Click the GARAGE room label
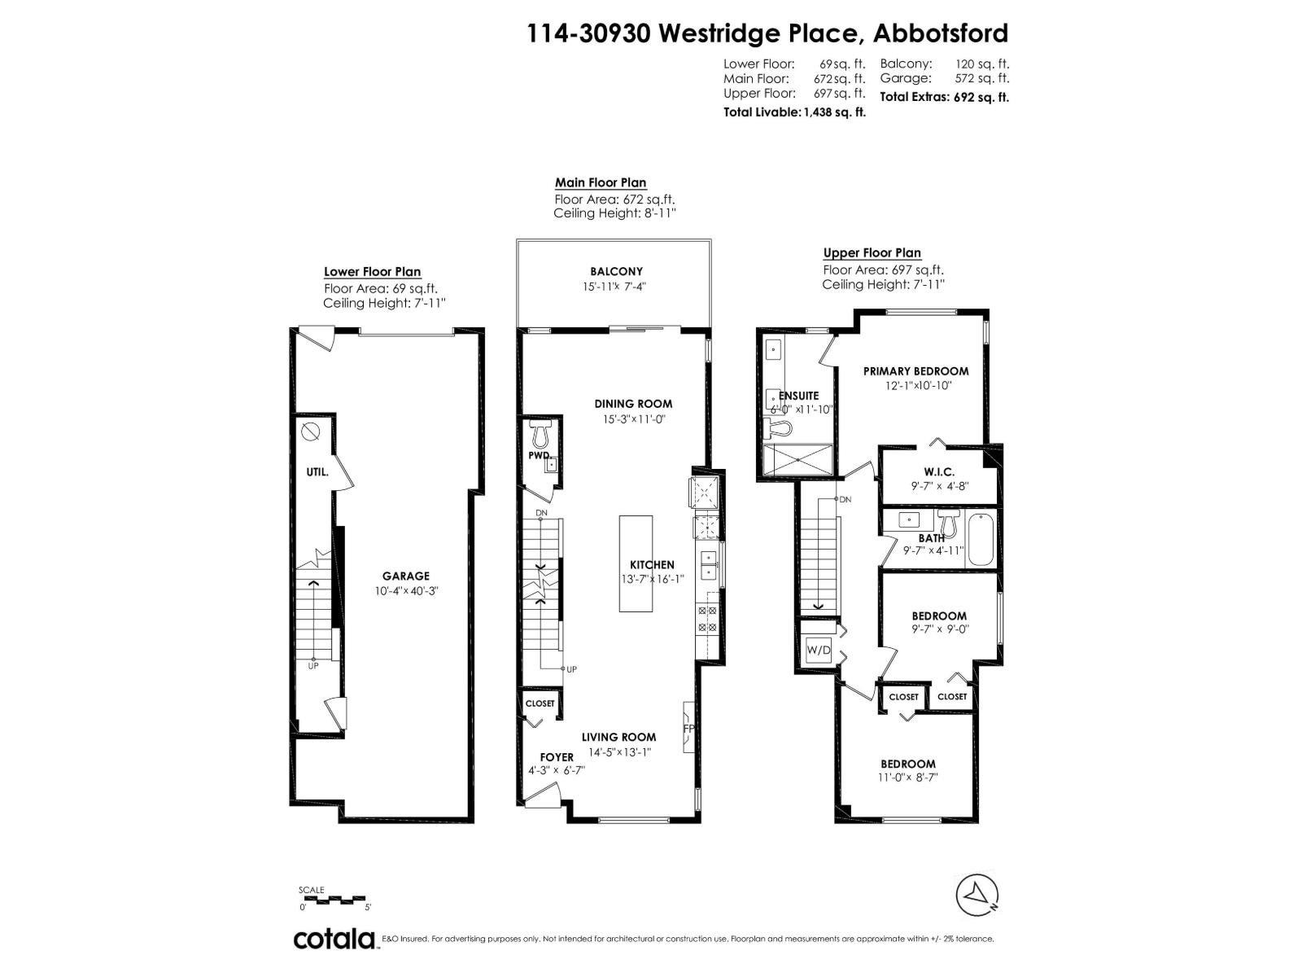point(405,576)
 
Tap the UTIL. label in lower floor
point(317,471)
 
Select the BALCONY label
point(616,271)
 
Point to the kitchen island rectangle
point(636,563)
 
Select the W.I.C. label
point(939,471)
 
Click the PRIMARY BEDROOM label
point(915,370)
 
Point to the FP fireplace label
point(688,728)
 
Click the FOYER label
point(557,757)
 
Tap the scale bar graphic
point(335,900)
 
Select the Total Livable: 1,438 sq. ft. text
point(794,112)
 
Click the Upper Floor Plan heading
point(872,253)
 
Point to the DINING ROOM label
point(633,403)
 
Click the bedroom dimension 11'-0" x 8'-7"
point(907,778)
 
